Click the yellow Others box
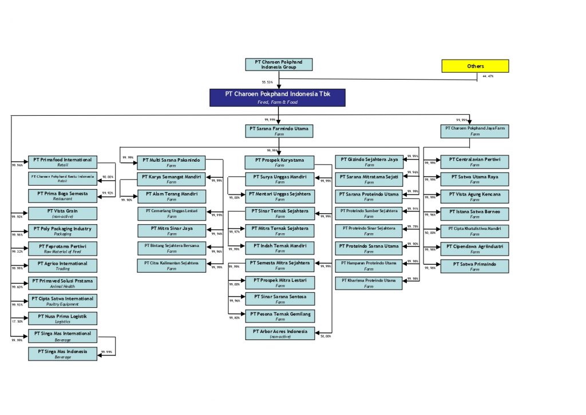(475, 66)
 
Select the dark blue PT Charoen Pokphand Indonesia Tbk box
(278, 97)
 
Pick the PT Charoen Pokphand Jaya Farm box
(475, 131)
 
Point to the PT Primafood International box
(63, 162)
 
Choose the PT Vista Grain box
(63, 213)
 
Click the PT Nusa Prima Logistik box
(63, 318)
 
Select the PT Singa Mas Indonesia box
(63, 354)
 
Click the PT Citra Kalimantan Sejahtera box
(172, 265)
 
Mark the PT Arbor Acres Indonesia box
(280, 333)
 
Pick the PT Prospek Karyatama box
(280, 162)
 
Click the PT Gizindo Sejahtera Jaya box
(369, 162)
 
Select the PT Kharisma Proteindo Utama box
(369, 283)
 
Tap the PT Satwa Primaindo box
(474, 267)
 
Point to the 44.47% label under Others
(488, 76)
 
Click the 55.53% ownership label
(267, 82)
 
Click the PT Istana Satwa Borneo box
(474, 214)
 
